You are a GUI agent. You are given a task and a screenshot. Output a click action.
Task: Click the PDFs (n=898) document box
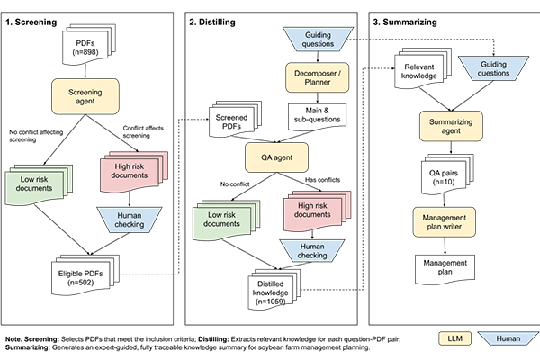88,44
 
